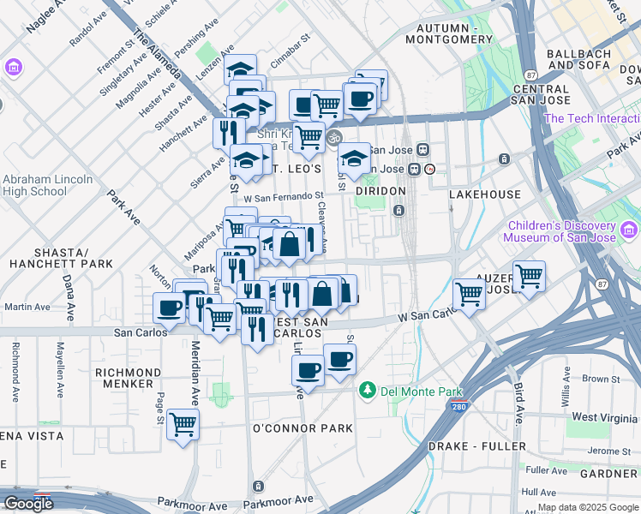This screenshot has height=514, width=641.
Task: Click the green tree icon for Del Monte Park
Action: (x=368, y=391)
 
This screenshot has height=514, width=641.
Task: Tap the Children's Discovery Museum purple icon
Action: (x=630, y=230)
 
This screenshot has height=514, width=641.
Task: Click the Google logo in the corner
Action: (x=28, y=504)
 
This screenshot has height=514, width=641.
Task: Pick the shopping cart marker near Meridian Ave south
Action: (x=183, y=423)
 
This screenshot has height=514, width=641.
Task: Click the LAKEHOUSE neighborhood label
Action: (x=485, y=194)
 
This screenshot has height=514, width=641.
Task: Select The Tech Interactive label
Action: (x=591, y=118)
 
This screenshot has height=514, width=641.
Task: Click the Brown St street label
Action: (x=601, y=378)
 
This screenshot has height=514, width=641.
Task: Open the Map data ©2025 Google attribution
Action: (x=587, y=507)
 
